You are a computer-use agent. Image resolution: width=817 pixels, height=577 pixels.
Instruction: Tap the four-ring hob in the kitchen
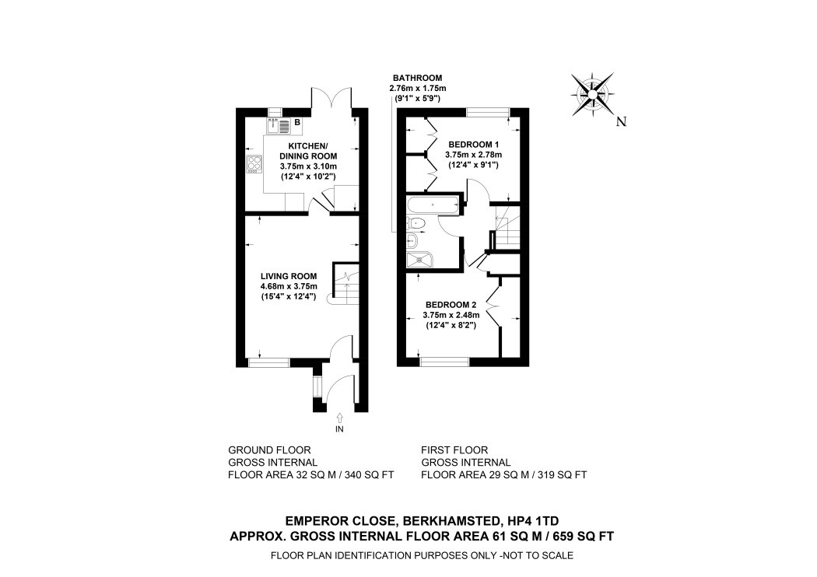[x=254, y=163]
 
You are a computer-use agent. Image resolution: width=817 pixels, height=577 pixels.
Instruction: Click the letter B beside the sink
[x=296, y=122]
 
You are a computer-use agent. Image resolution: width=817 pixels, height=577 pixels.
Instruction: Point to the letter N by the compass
[x=620, y=121]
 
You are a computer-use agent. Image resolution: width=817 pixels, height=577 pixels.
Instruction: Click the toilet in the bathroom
[x=417, y=224]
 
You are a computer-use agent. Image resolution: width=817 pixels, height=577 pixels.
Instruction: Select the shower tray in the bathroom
[x=423, y=259]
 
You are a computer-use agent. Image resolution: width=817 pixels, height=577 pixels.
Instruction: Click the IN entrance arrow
[x=339, y=420]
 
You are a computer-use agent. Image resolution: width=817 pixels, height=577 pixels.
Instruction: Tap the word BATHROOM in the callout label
[x=417, y=78]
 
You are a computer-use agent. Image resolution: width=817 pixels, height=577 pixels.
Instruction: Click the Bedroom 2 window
[x=444, y=361]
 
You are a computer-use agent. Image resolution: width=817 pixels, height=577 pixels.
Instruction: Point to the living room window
[x=268, y=361]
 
